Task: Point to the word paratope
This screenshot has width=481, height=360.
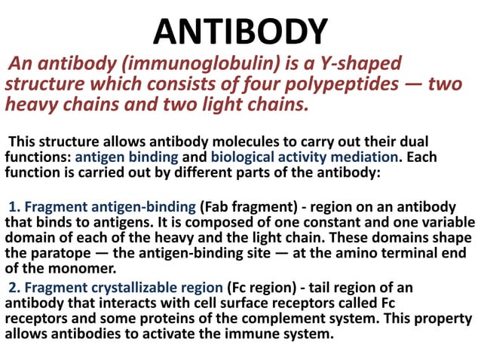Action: [x=70, y=253]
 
